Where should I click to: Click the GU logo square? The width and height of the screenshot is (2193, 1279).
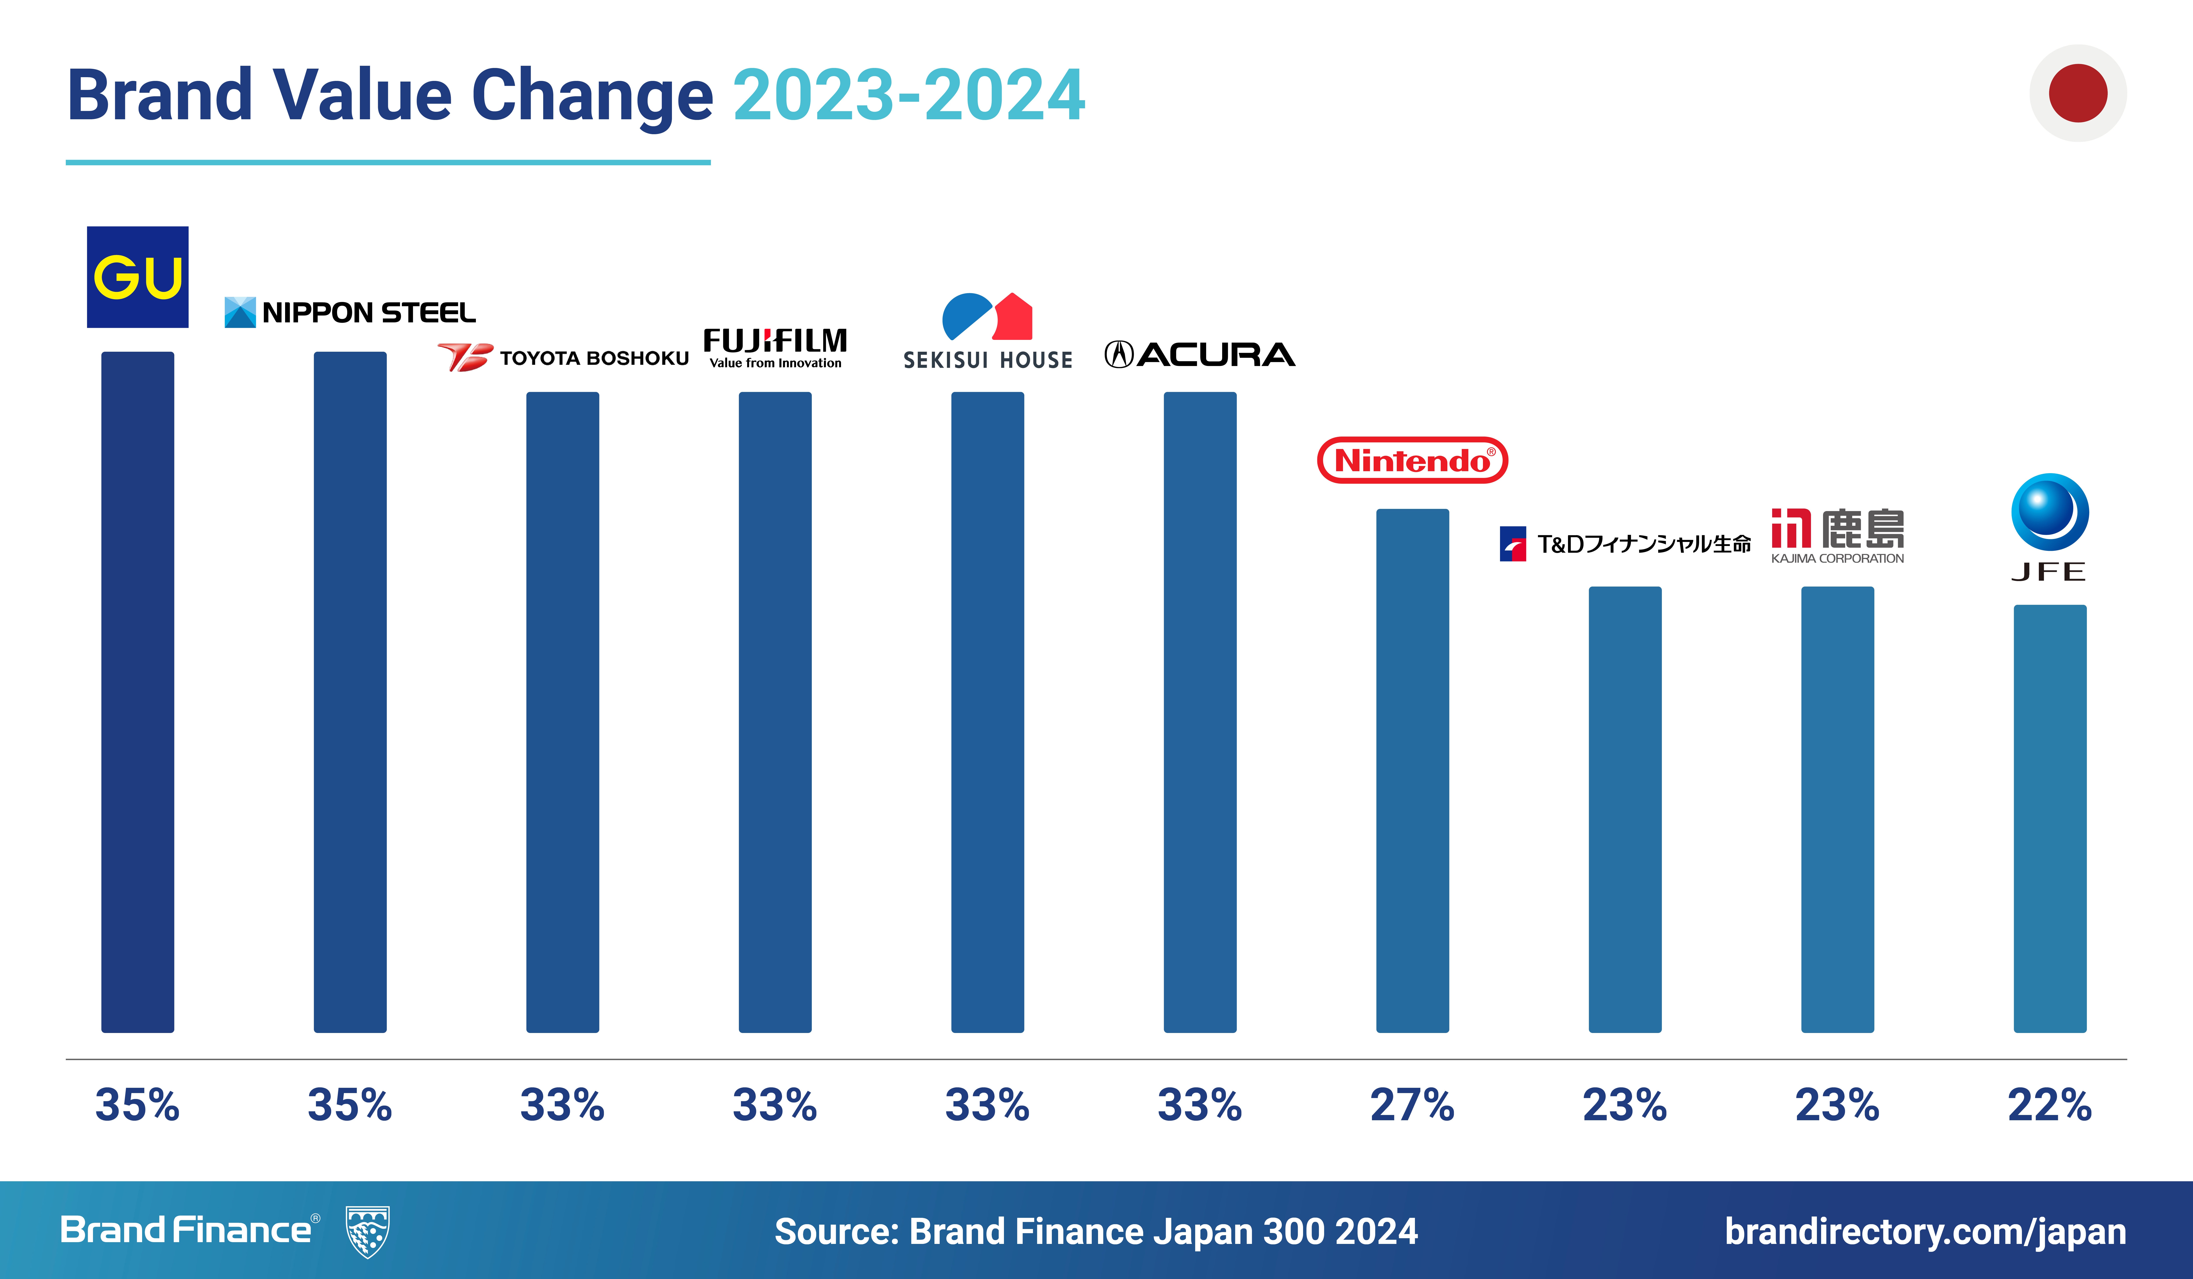coord(138,277)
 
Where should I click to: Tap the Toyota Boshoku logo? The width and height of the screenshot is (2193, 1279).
coord(563,357)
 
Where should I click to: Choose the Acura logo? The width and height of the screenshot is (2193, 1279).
coord(1200,354)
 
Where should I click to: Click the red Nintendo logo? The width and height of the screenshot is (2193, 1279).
coord(1412,460)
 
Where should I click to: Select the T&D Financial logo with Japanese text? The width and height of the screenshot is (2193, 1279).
coord(1625,544)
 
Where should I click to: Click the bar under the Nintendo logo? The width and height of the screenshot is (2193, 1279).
coord(1412,771)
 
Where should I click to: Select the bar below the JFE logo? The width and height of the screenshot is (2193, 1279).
coord(2049,819)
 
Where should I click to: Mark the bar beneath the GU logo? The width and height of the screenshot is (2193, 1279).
coord(138,692)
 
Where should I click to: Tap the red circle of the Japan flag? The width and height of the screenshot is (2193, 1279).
coord(2078,93)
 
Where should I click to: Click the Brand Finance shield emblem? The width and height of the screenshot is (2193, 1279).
coord(367,1231)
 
